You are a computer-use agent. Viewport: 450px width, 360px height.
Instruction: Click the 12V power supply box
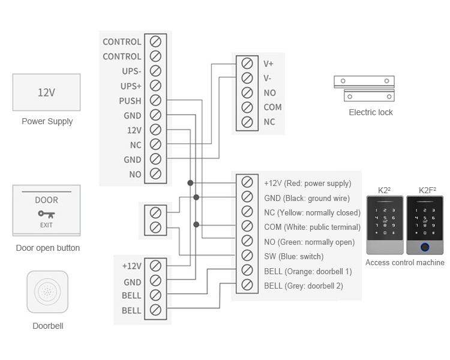point(46,92)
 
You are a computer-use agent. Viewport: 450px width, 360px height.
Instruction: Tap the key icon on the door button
point(46,214)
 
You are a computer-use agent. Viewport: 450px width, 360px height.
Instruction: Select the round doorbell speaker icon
point(47,292)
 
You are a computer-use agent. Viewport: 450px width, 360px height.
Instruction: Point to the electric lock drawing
point(364,88)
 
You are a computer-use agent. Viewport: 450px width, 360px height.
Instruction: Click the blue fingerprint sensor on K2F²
point(425,246)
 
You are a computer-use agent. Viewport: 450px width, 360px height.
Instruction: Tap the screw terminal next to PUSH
point(155,100)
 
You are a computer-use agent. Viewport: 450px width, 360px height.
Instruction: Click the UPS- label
point(131,71)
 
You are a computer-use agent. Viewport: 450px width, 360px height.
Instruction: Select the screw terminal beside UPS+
point(155,86)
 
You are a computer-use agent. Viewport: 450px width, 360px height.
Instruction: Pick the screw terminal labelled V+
point(247,63)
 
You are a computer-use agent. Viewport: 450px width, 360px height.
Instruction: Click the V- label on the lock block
point(268,78)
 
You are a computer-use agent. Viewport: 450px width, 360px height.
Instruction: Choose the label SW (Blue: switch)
point(293,257)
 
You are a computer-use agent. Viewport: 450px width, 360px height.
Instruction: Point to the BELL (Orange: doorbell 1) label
point(308,271)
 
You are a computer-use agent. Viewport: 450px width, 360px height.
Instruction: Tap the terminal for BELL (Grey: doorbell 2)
point(247,286)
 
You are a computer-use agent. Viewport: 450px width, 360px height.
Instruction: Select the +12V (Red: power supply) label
point(307,184)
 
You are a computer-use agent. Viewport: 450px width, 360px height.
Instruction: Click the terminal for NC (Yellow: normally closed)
point(247,212)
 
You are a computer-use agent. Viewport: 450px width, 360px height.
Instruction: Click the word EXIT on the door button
point(46,225)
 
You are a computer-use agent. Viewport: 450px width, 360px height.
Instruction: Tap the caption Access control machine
point(405,263)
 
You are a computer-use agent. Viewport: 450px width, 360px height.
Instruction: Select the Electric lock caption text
point(371,112)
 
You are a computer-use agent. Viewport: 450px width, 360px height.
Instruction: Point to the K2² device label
point(385,190)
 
